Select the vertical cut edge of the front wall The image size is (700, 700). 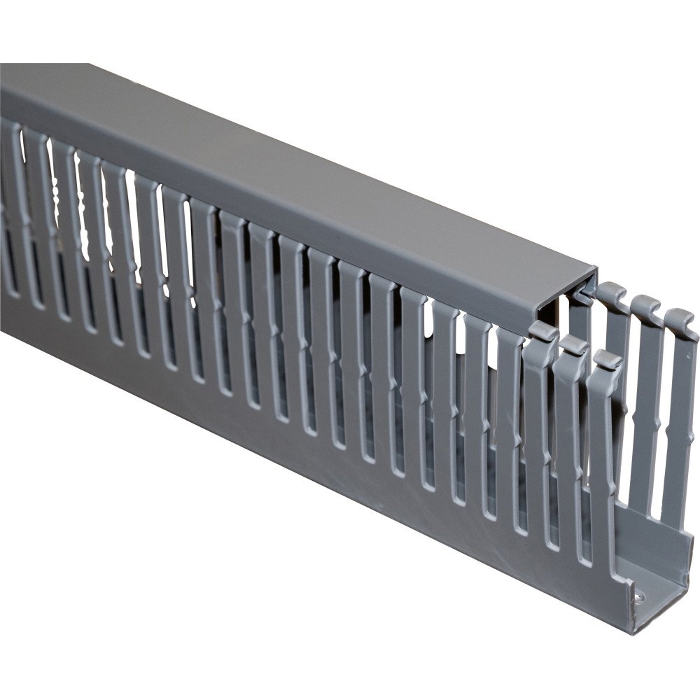coord(619,490)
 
